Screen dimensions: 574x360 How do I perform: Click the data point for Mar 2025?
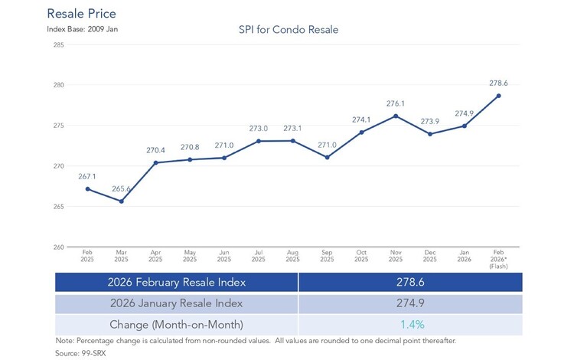click(x=122, y=201)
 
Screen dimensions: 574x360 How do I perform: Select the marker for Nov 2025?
click(x=396, y=116)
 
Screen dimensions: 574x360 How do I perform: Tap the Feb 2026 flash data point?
click(x=498, y=96)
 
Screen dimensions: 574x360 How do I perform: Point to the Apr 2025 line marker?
click(x=155, y=162)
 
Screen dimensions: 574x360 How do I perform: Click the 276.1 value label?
click(x=396, y=103)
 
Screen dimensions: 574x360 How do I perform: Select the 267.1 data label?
click(x=87, y=176)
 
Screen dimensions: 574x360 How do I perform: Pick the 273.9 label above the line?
click(x=430, y=121)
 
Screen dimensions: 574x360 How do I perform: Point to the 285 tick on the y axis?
click(x=59, y=45)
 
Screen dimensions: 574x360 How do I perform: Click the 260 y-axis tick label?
click(x=59, y=247)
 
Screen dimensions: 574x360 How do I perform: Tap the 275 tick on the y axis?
click(x=59, y=126)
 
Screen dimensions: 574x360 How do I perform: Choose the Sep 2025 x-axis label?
click(x=327, y=256)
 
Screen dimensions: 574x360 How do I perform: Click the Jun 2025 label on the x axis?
click(x=224, y=256)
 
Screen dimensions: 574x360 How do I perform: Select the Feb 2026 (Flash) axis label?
click(x=498, y=260)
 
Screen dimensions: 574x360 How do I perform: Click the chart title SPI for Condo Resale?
click(x=289, y=30)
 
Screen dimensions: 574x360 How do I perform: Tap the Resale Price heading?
click(x=82, y=14)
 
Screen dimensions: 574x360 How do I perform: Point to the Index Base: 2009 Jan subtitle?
click(x=83, y=29)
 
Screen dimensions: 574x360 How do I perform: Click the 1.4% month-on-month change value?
click(x=413, y=325)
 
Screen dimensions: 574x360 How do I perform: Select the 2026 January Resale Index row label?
click(x=177, y=303)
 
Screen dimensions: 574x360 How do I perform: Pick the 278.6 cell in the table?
click(x=410, y=282)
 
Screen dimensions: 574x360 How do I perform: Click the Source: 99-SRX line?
click(x=80, y=353)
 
